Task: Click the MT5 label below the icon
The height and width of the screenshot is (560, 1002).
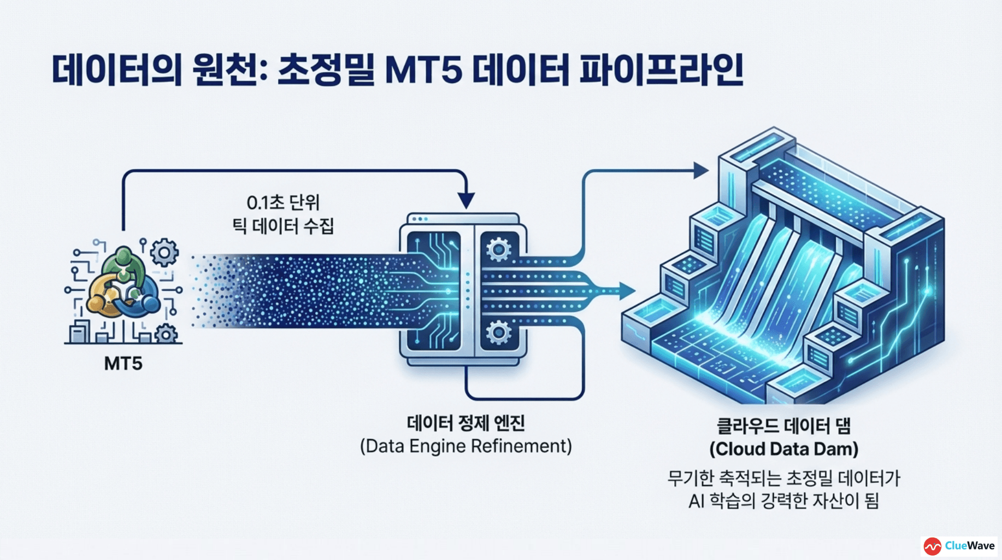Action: [123, 364]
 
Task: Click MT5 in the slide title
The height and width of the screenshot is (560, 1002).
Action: [423, 70]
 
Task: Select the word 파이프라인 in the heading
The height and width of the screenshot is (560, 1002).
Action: [661, 70]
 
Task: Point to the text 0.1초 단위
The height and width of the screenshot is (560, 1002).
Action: [282, 203]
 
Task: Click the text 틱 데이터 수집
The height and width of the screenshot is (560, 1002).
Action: [282, 226]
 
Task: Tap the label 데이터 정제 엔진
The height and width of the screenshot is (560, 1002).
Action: [465, 423]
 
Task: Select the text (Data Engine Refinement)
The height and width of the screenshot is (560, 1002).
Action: [465, 446]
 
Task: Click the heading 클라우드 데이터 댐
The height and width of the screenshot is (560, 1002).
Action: [783, 426]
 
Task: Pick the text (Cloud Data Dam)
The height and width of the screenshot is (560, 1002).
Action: [783, 450]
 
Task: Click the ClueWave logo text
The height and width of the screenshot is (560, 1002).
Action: [969, 546]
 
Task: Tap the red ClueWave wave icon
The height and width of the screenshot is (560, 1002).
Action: [932, 546]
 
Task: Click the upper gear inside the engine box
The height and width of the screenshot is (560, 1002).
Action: [498, 250]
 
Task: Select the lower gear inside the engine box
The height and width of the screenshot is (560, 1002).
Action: [498, 332]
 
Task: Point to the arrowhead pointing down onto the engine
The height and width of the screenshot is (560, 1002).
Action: [466, 201]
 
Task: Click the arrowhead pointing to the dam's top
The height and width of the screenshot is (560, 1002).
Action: [700, 171]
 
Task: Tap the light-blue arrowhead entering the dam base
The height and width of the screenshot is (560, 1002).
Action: [627, 291]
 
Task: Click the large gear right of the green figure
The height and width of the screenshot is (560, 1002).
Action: [164, 253]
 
